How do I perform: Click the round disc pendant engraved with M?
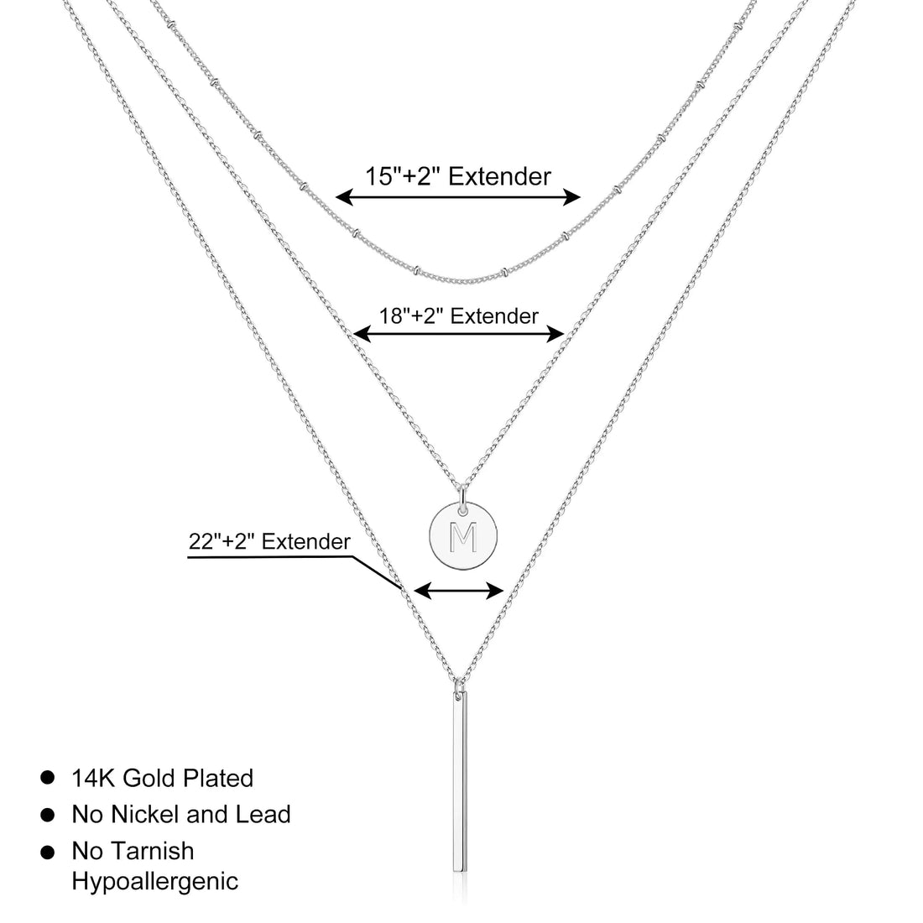pos(463,536)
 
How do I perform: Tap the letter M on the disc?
pos(463,537)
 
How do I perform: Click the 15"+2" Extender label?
pos(458,176)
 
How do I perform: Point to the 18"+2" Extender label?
pos(458,316)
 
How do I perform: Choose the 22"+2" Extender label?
pos(269,541)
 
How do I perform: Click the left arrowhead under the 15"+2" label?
pos(344,197)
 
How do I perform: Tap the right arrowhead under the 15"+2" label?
pos(571,197)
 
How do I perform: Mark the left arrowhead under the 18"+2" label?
pos(362,334)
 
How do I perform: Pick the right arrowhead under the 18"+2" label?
pos(555,334)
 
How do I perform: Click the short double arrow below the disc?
pos(459,591)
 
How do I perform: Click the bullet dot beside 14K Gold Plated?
pos(48,778)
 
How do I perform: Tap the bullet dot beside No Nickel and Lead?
pos(48,816)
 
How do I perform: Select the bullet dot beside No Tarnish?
pos(48,852)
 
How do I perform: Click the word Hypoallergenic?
pos(155,882)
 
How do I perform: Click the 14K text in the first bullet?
pos(94,778)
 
